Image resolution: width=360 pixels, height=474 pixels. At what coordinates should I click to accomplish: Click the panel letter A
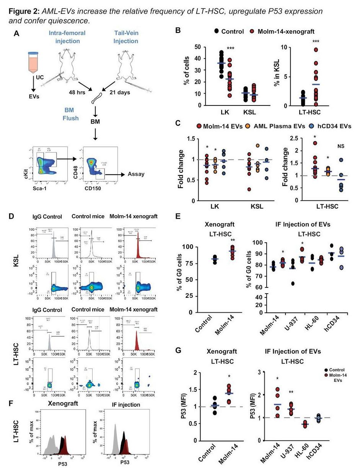coord(16,34)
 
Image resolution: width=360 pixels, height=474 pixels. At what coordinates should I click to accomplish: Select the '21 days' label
coord(124,93)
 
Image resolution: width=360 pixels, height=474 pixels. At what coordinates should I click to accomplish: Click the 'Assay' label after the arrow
coord(136,174)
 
